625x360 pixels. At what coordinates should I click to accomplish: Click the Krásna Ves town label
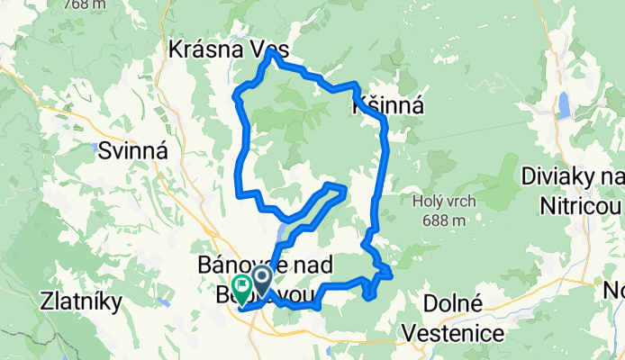pyautogui.click(x=222, y=51)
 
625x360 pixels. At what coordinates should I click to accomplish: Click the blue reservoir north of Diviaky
pyautogui.click(x=564, y=105)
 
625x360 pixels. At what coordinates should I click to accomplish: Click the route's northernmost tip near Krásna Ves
pyautogui.click(x=270, y=53)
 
